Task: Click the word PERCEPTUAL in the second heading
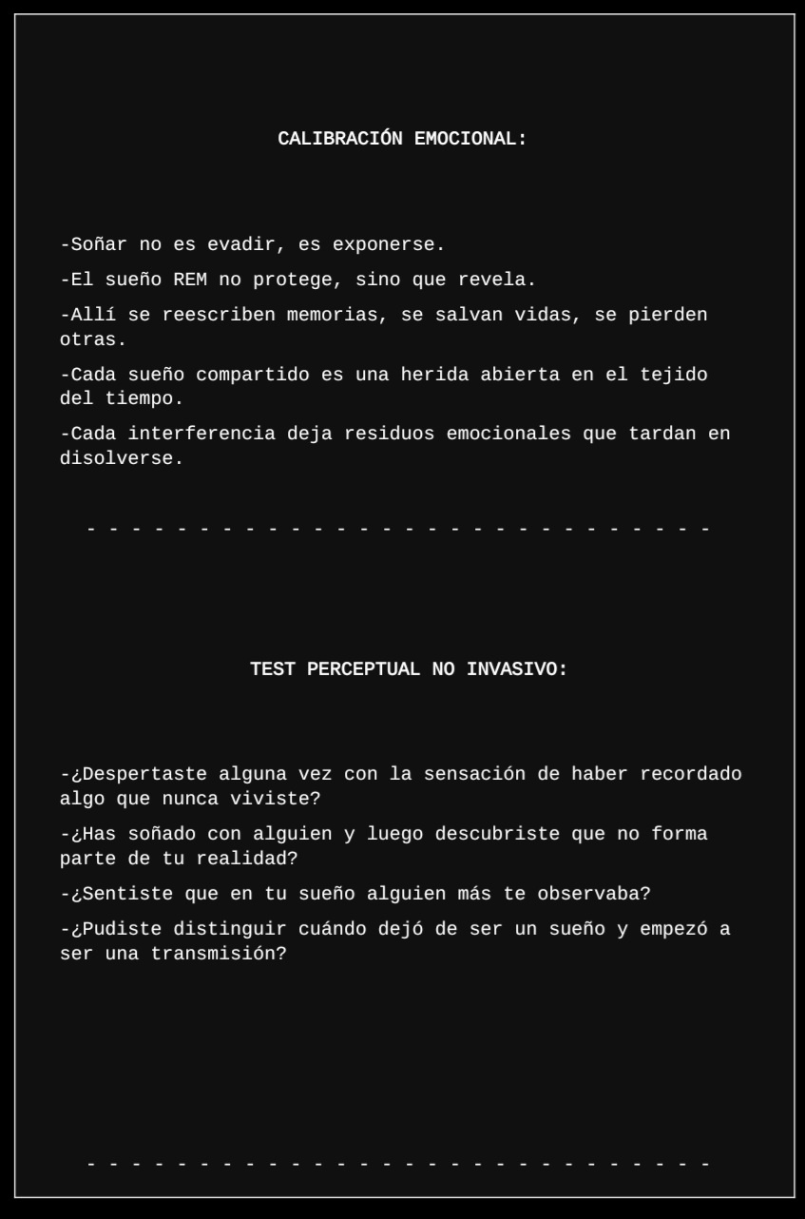[362, 669]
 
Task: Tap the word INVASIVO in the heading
[516, 669]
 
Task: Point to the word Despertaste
[133, 774]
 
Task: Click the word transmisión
[224, 954]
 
